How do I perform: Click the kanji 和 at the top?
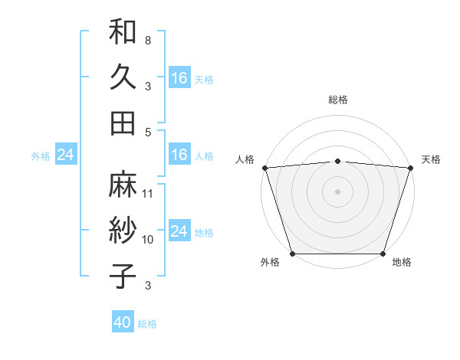coord(123,33)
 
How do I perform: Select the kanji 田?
coord(123,122)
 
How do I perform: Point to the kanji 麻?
coord(123,185)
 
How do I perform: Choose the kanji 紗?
coord(123,230)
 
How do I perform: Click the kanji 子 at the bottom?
coord(123,275)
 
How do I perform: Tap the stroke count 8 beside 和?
coord(147,39)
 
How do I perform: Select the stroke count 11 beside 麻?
coord(148,193)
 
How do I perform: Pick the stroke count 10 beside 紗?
coord(148,239)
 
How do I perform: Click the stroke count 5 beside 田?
coord(147,132)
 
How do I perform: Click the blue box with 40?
coord(123,322)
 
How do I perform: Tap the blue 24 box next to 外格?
coord(65,155)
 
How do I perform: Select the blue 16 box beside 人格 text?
coord(179,155)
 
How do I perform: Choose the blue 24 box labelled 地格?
coord(179,231)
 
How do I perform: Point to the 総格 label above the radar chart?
coord(337,100)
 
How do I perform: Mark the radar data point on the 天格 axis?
coord(411,168)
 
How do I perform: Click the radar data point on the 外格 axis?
coord(292,254)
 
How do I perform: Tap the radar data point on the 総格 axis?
coord(337,161)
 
